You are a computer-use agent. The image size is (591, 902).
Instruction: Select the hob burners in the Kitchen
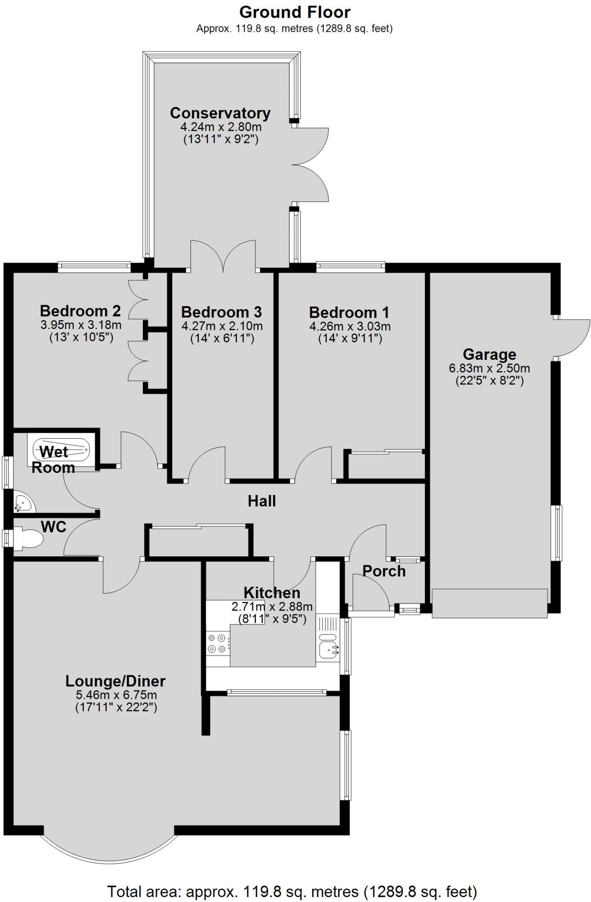point(218,643)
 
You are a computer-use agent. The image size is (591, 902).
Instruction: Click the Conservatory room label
point(220,113)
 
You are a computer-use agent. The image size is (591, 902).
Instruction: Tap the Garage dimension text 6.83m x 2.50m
point(489,368)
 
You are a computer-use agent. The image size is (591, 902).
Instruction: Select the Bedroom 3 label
point(222,312)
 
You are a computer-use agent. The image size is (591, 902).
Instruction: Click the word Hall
point(262,501)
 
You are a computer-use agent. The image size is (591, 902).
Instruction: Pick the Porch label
point(384,571)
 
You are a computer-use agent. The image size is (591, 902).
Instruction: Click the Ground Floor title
point(295,12)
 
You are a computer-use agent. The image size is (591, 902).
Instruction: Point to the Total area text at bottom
point(292,891)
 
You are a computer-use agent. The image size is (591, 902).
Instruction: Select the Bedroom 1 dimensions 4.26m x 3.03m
point(350,327)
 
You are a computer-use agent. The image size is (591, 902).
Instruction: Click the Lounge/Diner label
point(115,681)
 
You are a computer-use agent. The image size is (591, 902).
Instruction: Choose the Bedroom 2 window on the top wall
point(94,266)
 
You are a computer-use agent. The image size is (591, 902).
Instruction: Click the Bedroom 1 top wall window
point(351,266)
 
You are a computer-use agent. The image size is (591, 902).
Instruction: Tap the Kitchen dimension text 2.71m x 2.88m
point(272,606)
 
